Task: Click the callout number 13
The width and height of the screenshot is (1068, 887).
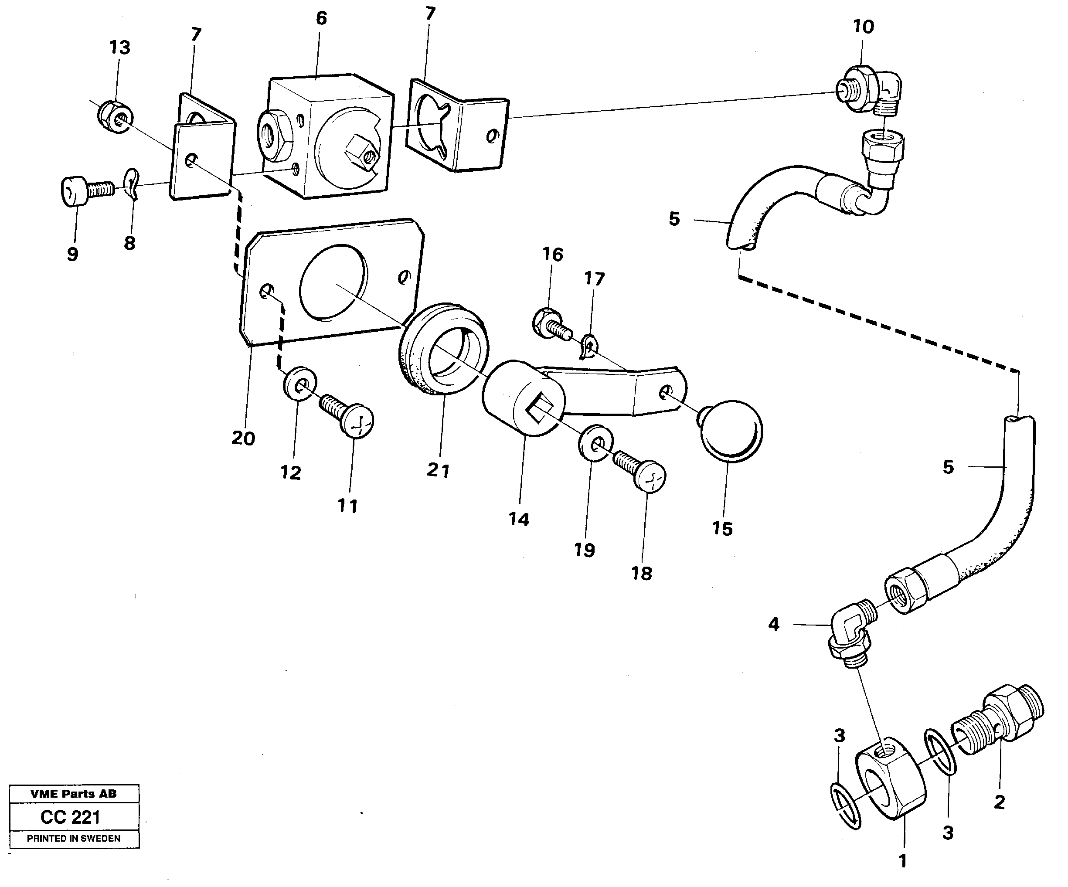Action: [x=119, y=48]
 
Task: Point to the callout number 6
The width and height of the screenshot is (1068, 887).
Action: [x=321, y=19]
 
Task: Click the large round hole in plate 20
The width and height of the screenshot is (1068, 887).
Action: [x=333, y=283]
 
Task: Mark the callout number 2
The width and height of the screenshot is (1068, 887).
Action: [x=999, y=802]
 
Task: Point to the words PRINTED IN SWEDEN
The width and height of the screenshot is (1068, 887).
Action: [x=74, y=839]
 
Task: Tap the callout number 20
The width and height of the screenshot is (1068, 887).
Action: [x=243, y=438]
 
